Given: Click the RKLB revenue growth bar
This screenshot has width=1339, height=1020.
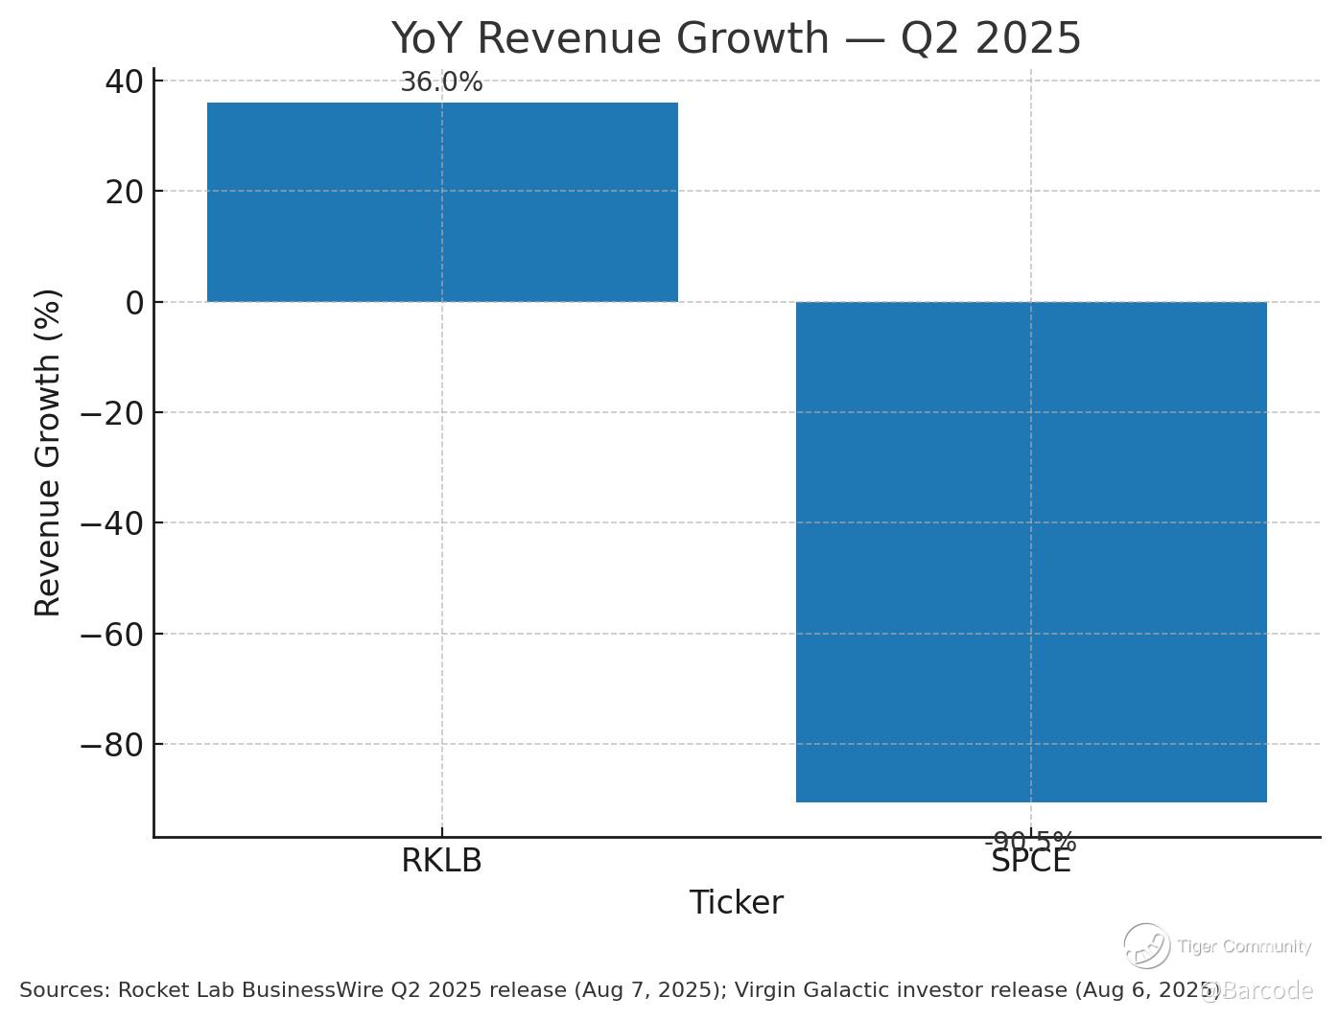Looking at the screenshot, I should (x=442, y=202).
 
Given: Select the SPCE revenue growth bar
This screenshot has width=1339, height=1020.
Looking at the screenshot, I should (x=1031, y=551).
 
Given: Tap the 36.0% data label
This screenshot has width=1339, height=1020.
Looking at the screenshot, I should (x=441, y=82).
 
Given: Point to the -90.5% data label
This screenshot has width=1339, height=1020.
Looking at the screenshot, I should (x=1030, y=842).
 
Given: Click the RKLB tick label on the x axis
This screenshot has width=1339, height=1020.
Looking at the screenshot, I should (x=441, y=861).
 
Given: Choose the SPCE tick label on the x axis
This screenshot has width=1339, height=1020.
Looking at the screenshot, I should (x=1031, y=862).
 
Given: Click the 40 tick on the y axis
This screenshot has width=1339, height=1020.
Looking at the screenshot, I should (x=124, y=81).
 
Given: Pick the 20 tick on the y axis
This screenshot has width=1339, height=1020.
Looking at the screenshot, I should (x=124, y=192).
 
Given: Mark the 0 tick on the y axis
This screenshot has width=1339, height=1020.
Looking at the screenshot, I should (x=134, y=303).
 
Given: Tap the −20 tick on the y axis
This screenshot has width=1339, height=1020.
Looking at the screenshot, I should (x=111, y=413).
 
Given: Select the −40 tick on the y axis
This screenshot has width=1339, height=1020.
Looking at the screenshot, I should (x=111, y=523).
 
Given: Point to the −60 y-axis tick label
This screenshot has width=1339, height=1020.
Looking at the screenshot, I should (x=111, y=635).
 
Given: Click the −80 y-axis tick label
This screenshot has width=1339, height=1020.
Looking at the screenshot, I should (x=111, y=745).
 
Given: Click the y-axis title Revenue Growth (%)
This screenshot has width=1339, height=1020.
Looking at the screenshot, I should (x=48, y=452).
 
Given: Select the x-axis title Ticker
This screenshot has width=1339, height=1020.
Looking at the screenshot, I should (x=736, y=903).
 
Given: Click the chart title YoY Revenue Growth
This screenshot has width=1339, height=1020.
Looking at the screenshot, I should (x=736, y=38).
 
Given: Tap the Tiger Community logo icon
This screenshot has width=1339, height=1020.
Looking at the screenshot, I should (x=1146, y=946).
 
